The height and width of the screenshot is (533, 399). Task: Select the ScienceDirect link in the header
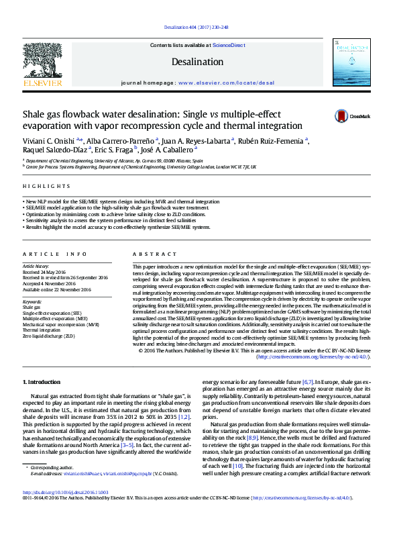click(229, 45)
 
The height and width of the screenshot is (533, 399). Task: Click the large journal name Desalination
click(197, 61)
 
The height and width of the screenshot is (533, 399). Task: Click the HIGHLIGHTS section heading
click(38, 186)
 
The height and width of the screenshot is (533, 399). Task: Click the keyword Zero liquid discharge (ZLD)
click(49, 336)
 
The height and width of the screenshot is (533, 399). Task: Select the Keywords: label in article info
click(32, 301)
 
